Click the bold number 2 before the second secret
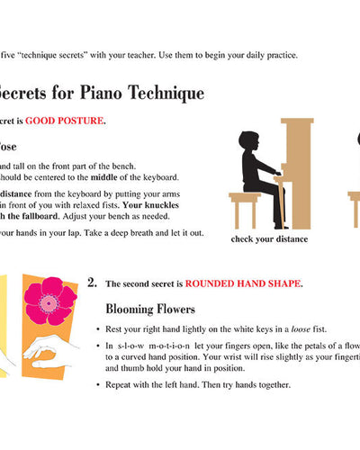click(92, 283)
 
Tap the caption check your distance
click(269, 238)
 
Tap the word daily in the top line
click(247, 56)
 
